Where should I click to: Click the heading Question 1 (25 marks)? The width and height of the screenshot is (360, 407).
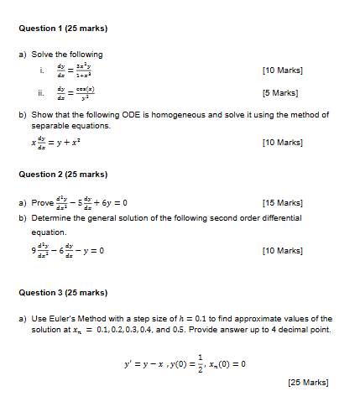click(63, 29)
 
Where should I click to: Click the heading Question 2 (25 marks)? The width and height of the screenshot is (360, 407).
click(63, 175)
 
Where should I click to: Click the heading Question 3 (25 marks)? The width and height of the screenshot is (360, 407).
click(63, 292)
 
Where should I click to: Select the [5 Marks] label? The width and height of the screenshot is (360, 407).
click(280, 93)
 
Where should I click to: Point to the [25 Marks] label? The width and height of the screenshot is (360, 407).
click(307, 383)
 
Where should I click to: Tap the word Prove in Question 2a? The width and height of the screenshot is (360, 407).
click(41, 202)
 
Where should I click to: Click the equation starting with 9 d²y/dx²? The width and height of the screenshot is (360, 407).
click(68, 251)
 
